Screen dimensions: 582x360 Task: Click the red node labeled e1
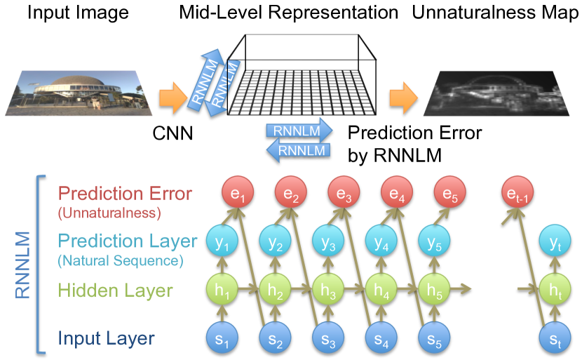pos(238,192)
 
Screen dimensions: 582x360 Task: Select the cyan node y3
pos(328,241)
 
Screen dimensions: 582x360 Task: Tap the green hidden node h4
pos(381,289)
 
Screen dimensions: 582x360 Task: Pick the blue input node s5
pos(434,338)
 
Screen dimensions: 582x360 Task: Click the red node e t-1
pos(517,192)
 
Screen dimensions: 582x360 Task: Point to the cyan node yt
pos(555,241)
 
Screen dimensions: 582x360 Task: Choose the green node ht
pos(555,289)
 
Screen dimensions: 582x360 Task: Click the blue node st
pos(555,338)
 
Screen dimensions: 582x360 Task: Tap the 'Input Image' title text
pos(79,13)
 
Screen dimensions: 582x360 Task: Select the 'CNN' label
pos(172,133)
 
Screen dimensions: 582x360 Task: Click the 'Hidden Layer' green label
pos(116,290)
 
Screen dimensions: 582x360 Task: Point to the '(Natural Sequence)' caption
pos(121,260)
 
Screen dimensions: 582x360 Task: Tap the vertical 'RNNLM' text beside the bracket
pos(22,265)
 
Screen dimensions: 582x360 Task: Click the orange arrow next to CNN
pos(173,98)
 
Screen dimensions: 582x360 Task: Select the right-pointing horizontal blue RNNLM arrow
pos(299,131)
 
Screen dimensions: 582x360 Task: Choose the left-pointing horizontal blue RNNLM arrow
pos(299,150)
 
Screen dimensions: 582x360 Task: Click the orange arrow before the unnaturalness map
pos(404,98)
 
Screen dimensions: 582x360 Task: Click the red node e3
pos(344,192)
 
